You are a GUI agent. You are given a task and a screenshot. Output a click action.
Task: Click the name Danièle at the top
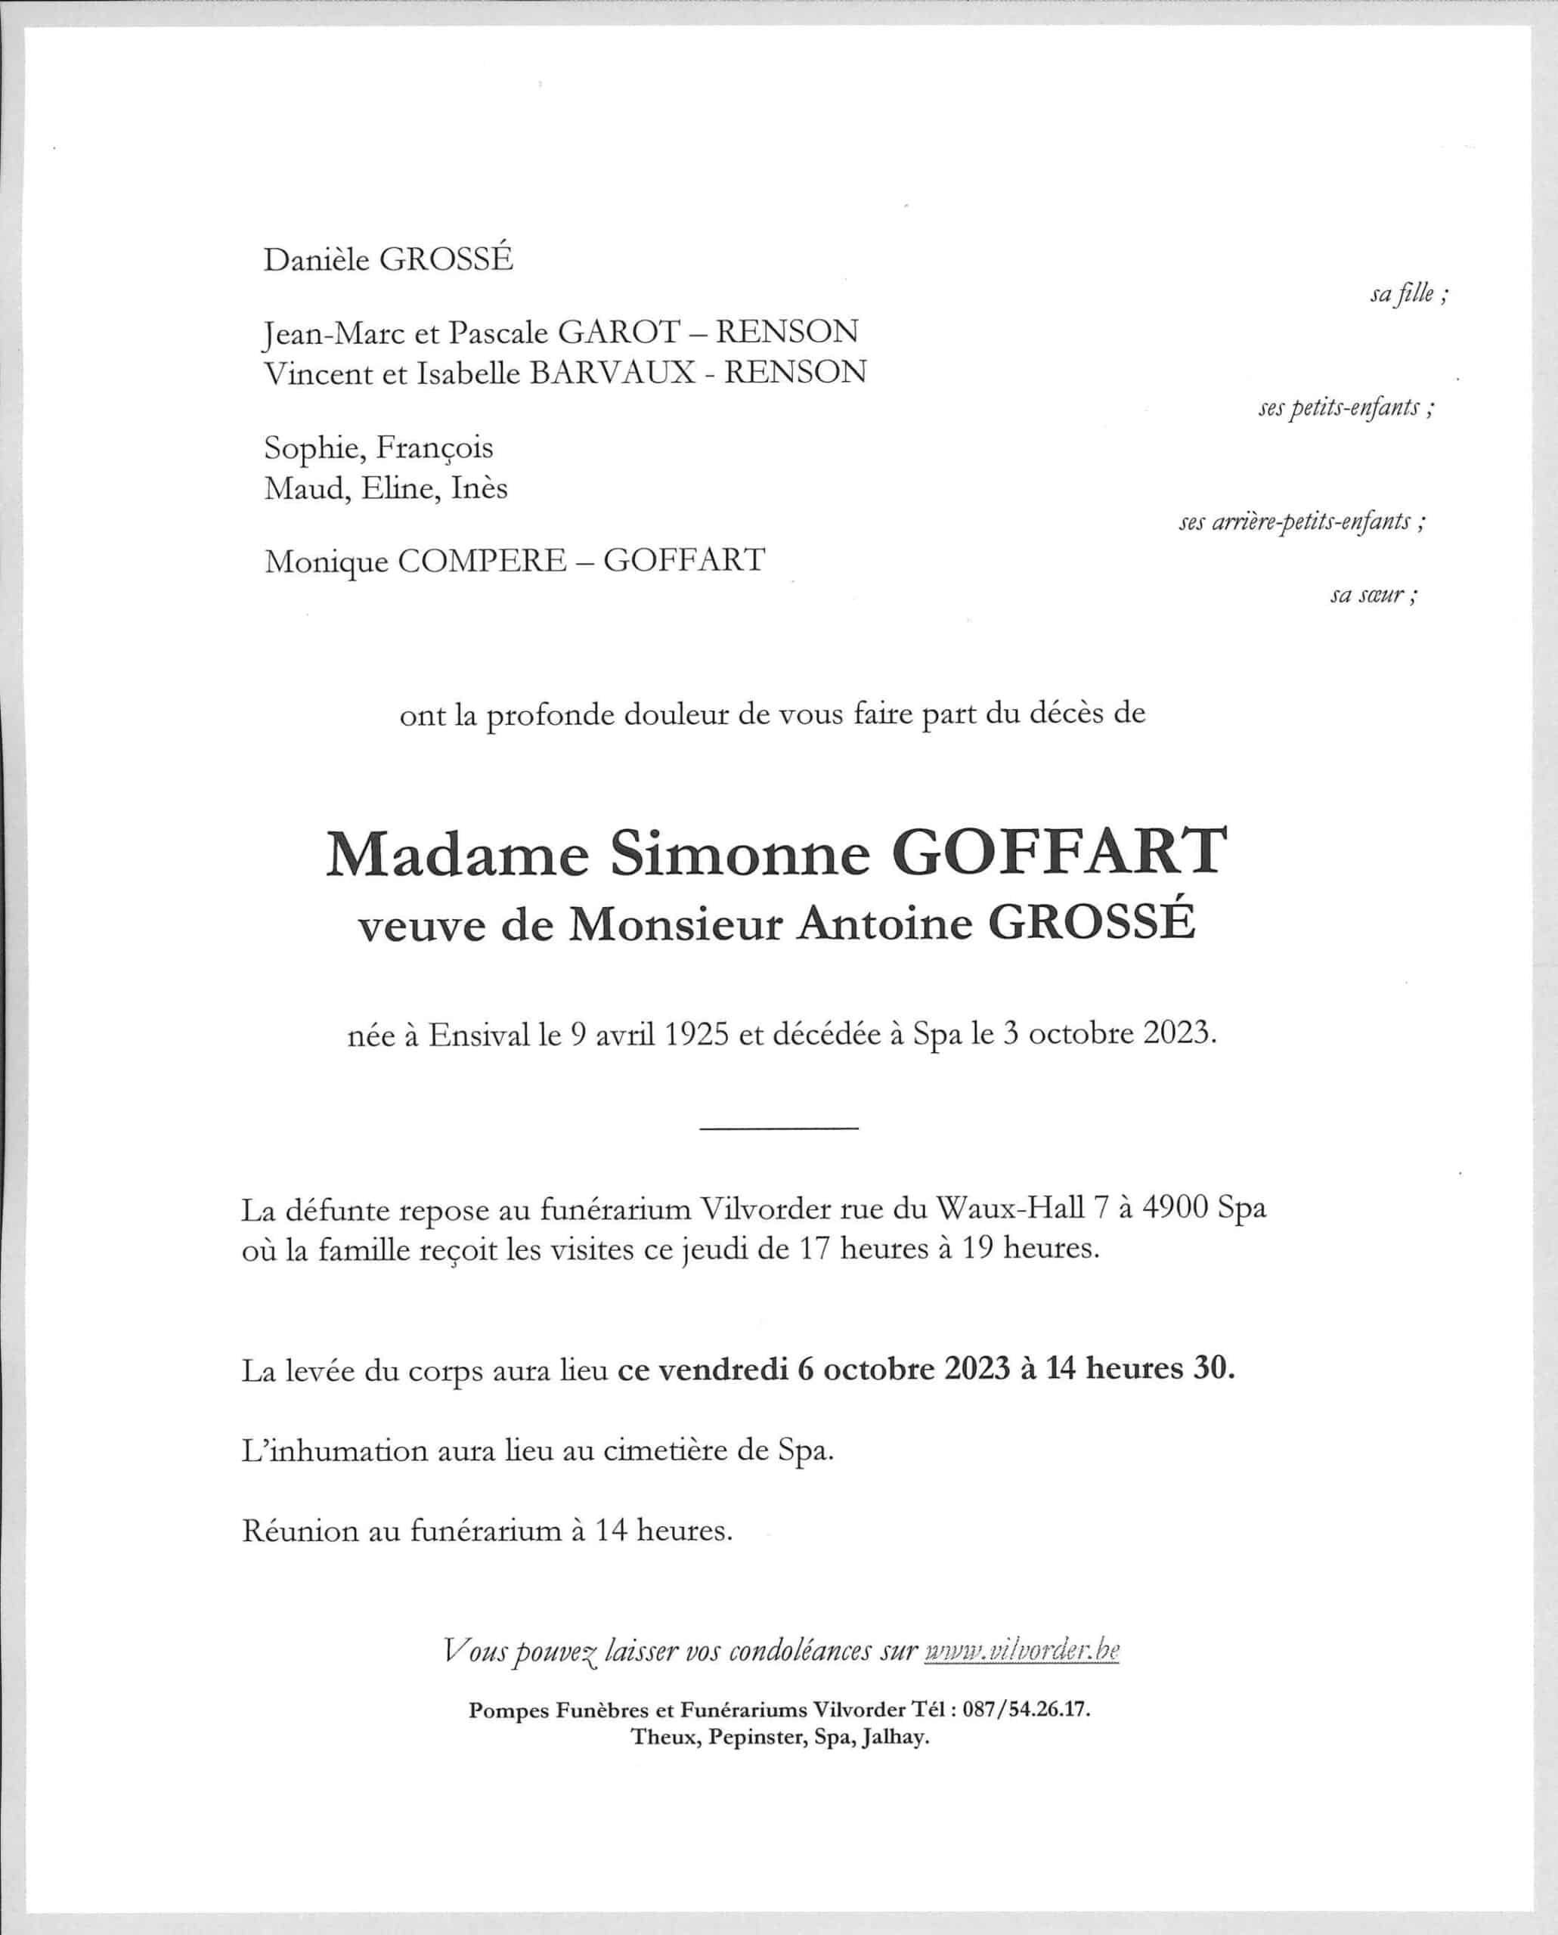tap(317, 260)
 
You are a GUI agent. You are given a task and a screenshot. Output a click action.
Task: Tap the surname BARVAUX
tap(612, 373)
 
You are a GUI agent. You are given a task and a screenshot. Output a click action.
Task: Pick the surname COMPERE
tap(482, 561)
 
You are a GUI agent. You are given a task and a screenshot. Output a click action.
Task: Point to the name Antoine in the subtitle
tap(884, 924)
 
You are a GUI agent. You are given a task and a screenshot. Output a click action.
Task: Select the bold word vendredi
tap(723, 1370)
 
